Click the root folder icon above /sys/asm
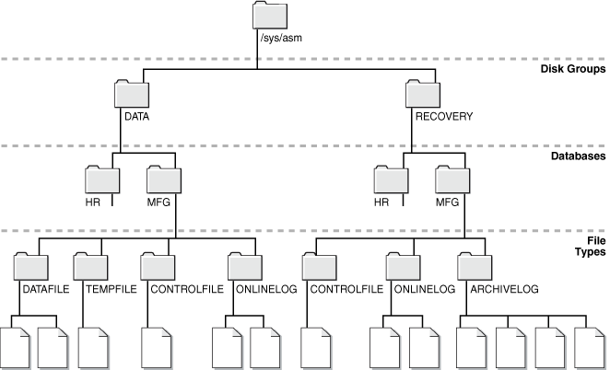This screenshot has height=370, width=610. click(x=270, y=17)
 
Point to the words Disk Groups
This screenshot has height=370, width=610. click(x=573, y=68)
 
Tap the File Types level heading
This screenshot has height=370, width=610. click(x=590, y=247)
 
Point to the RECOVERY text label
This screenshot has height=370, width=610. click(x=445, y=117)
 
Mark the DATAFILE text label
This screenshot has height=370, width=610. click(x=45, y=289)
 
